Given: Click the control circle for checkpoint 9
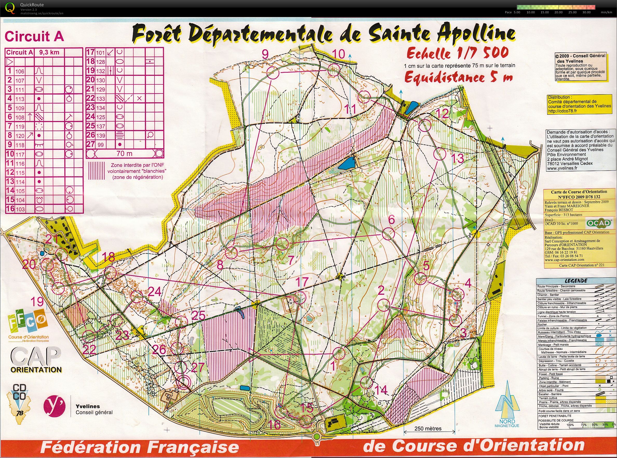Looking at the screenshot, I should (273, 73).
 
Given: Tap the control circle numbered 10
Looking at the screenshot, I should (334, 70).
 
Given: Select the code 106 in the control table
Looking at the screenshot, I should (20, 71).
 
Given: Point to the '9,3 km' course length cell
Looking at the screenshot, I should (49, 52).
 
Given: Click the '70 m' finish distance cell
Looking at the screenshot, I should (124, 153).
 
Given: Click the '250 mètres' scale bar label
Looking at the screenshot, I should (428, 428).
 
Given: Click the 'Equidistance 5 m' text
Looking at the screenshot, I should (458, 77).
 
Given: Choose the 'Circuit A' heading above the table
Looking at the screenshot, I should (34, 36).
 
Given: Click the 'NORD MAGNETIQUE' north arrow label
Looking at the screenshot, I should (507, 423).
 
